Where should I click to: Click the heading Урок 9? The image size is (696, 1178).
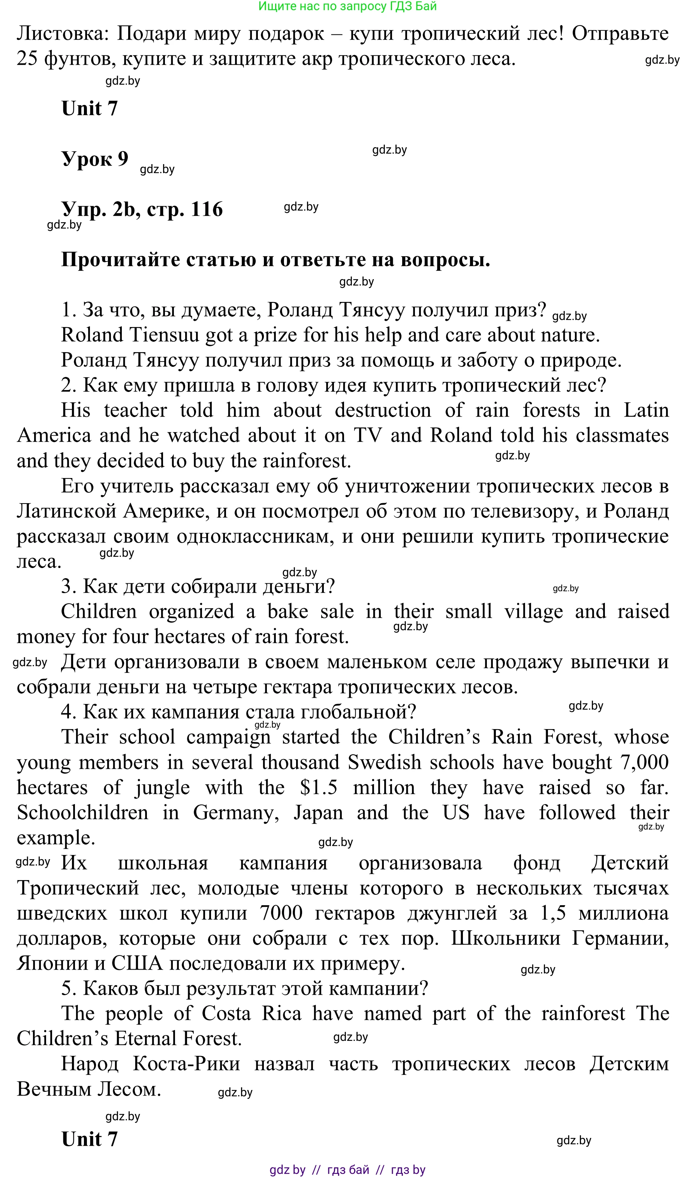[x=95, y=159]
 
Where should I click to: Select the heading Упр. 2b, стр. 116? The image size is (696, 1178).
[x=142, y=209]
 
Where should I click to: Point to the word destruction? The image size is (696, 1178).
[x=383, y=410]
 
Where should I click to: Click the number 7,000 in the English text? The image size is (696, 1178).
[x=644, y=763]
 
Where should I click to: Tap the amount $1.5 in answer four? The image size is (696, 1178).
[x=319, y=788]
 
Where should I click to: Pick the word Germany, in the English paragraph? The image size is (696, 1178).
[x=236, y=813]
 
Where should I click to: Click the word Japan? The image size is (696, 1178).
[x=318, y=813]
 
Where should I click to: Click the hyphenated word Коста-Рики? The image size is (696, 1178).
[x=187, y=1064]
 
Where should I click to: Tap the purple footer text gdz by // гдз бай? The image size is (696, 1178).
[x=347, y=1170]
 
